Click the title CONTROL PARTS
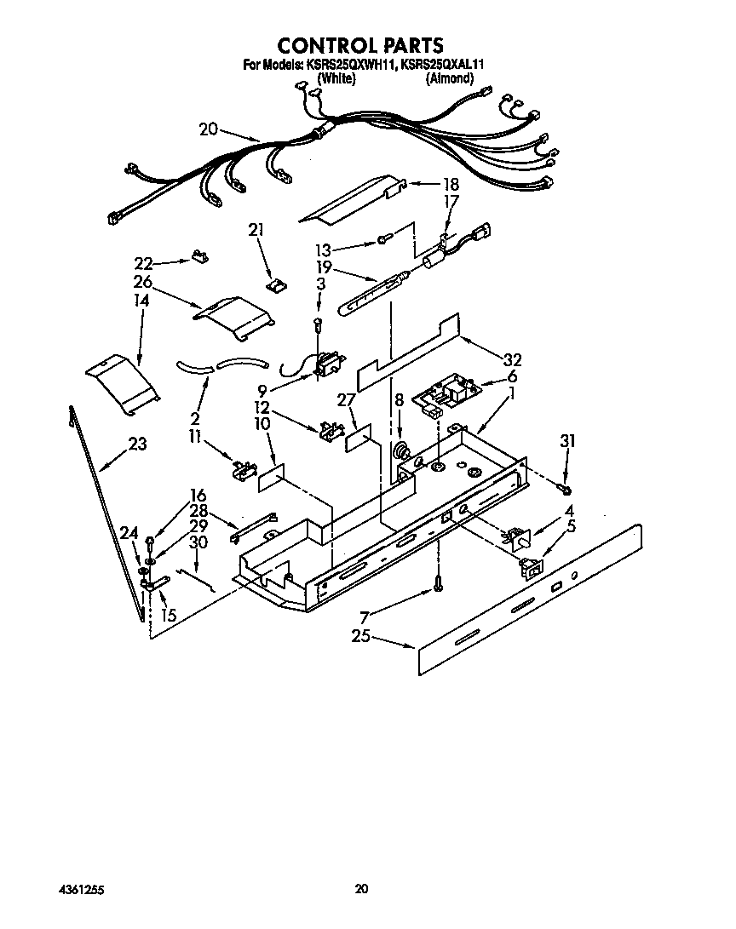click(x=362, y=44)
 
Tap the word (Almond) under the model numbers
click(x=449, y=78)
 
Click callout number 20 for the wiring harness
click(x=209, y=129)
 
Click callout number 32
click(x=511, y=359)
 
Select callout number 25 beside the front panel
click(x=361, y=636)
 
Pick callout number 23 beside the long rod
click(x=136, y=444)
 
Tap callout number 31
click(x=567, y=440)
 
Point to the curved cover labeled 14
click(x=123, y=383)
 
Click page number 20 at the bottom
click(x=361, y=889)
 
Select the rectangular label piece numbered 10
click(x=271, y=478)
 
